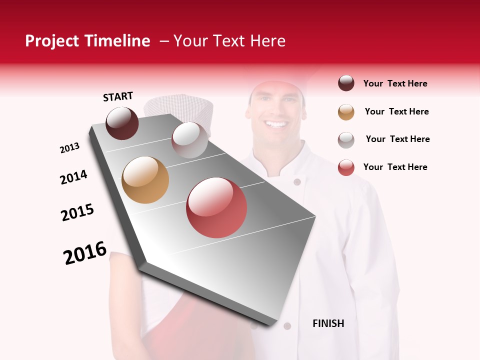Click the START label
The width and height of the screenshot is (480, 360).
click(x=118, y=96)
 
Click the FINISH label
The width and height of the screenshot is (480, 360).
click(x=328, y=323)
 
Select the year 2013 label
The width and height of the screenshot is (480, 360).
click(x=70, y=148)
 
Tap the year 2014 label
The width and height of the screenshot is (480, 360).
click(x=73, y=177)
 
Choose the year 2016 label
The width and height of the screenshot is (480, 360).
click(x=85, y=252)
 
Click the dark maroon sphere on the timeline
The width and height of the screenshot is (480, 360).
click(x=122, y=123)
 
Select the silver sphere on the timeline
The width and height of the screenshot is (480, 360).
click(x=189, y=140)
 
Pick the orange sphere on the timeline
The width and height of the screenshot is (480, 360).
click(x=145, y=180)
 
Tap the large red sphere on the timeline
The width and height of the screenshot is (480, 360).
click(x=216, y=207)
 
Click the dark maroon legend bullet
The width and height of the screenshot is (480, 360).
click(x=346, y=83)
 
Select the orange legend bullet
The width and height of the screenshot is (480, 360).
click(x=346, y=111)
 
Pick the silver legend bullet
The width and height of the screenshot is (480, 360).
click(x=346, y=139)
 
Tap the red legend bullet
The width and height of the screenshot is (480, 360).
click(x=346, y=167)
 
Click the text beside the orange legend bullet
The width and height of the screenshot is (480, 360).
click(x=396, y=111)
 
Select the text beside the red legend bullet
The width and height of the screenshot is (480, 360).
click(x=395, y=167)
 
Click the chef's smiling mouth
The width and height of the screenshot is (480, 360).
click(x=276, y=123)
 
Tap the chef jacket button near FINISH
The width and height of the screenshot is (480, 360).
click(x=287, y=326)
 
